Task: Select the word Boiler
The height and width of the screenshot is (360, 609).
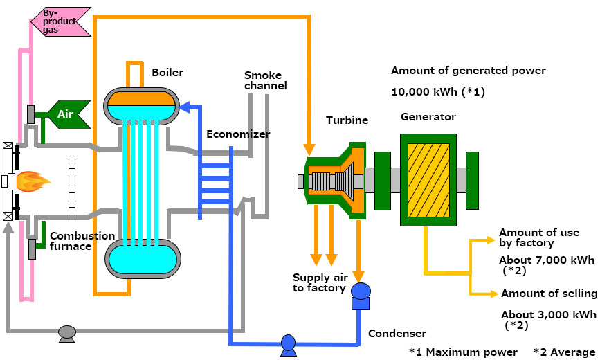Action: pos(167,72)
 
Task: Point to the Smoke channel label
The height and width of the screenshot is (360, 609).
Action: pos(265,80)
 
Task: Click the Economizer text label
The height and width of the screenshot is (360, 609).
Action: pos(238,134)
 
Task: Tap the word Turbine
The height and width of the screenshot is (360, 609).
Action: pos(347,120)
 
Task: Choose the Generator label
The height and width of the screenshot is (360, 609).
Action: pos(428,117)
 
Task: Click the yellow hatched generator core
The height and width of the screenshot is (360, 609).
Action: pos(428,179)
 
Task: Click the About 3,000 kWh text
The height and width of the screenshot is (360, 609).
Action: pos(549,314)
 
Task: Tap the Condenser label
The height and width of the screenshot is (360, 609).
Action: pos(397,334)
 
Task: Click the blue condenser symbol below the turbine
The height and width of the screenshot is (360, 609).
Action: pos(360,296)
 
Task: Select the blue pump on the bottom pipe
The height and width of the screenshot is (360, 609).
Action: pos(288,343)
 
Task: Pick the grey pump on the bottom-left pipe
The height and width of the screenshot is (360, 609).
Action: pos(67,333)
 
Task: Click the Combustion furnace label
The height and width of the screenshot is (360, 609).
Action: pos(82,241)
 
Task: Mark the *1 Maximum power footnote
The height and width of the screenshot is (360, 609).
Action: pos(462,352)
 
